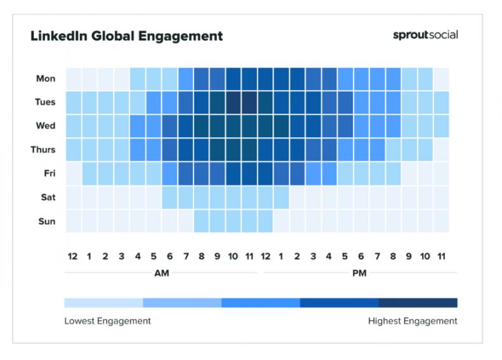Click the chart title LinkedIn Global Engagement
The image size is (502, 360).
tap(126, 36)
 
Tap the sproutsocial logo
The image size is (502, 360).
tap(425, 34)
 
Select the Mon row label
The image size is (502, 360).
tap(46, 79)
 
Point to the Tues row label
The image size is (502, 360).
tap(44, 102)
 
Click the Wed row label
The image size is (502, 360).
tap(45, 126)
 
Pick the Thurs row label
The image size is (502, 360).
tap(43, 150)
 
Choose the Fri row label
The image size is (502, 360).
tap(49, 173)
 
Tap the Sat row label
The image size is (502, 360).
tap(48, 197)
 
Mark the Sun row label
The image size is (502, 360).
tap(48, 222)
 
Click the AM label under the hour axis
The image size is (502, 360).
tap(162, 274)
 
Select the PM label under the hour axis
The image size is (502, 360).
tap(359, 274)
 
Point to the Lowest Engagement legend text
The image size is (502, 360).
tap(107, 321)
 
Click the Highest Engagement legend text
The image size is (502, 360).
tap(413, 321)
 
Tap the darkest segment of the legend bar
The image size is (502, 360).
tap(418, 303)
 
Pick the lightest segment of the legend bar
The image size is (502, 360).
tap(103, 303)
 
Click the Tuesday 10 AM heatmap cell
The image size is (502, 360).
tap(234, 102)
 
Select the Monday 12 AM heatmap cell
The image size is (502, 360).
tap(74, 79)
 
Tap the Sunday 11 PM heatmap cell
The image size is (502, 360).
tap(441, 222)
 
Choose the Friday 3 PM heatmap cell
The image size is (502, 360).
tap(313, 173)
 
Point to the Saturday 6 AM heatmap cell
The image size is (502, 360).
tap(169, 197)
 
